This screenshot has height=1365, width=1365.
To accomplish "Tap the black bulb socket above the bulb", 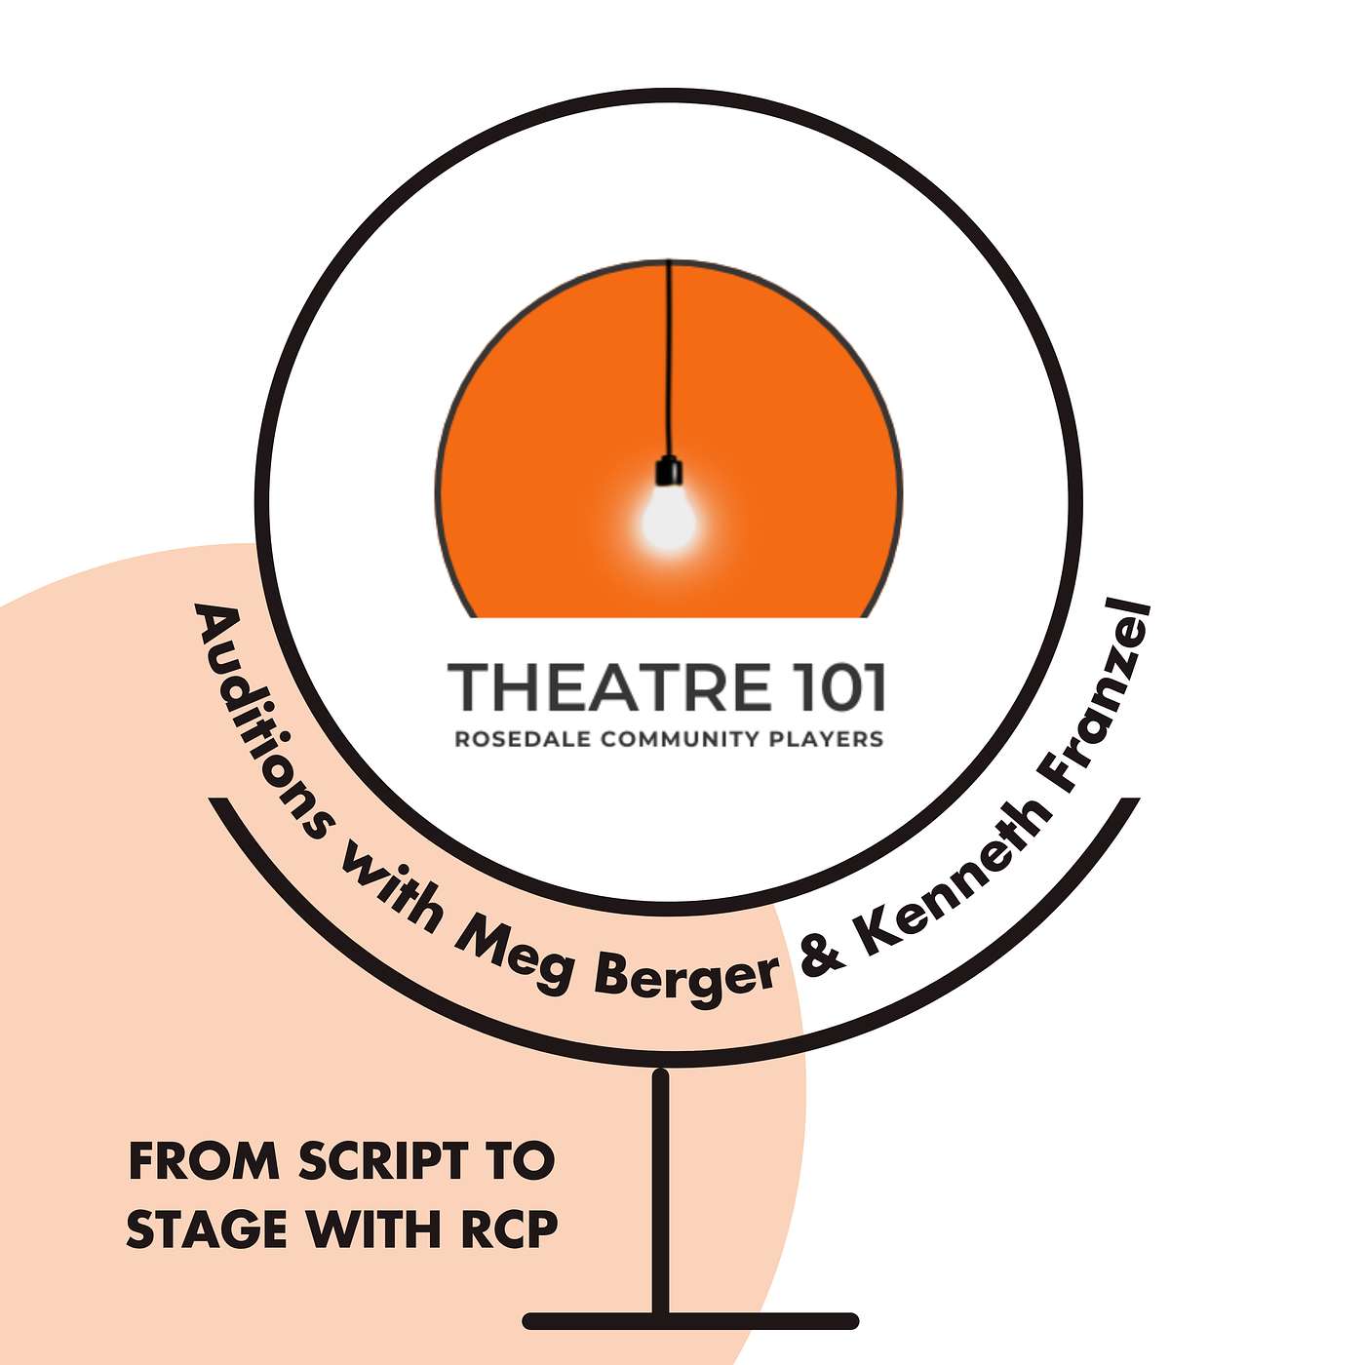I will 669,473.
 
